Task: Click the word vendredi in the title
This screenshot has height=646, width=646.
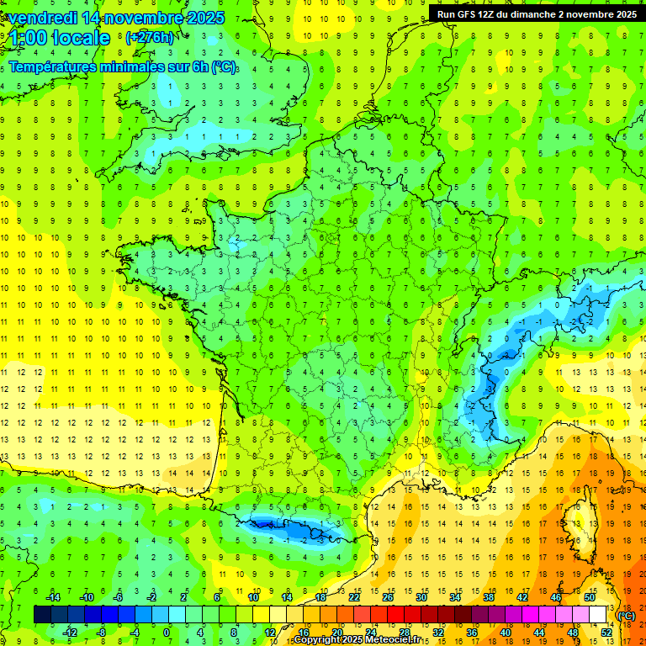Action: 42,18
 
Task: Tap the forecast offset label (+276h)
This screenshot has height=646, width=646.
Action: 149,38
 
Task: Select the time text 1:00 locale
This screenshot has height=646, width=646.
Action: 60,38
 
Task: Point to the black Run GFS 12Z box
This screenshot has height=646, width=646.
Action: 534,13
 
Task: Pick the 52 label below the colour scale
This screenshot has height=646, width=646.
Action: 606,632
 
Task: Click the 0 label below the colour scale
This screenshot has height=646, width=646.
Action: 167,632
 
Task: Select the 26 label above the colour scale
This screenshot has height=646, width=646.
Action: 388,597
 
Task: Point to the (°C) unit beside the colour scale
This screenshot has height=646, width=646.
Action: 626,615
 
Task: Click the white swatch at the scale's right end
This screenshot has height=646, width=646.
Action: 597,615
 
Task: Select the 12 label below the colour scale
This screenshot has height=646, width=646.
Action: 270,632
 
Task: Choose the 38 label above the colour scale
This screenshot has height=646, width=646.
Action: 489,597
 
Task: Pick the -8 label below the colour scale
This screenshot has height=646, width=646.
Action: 102,632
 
